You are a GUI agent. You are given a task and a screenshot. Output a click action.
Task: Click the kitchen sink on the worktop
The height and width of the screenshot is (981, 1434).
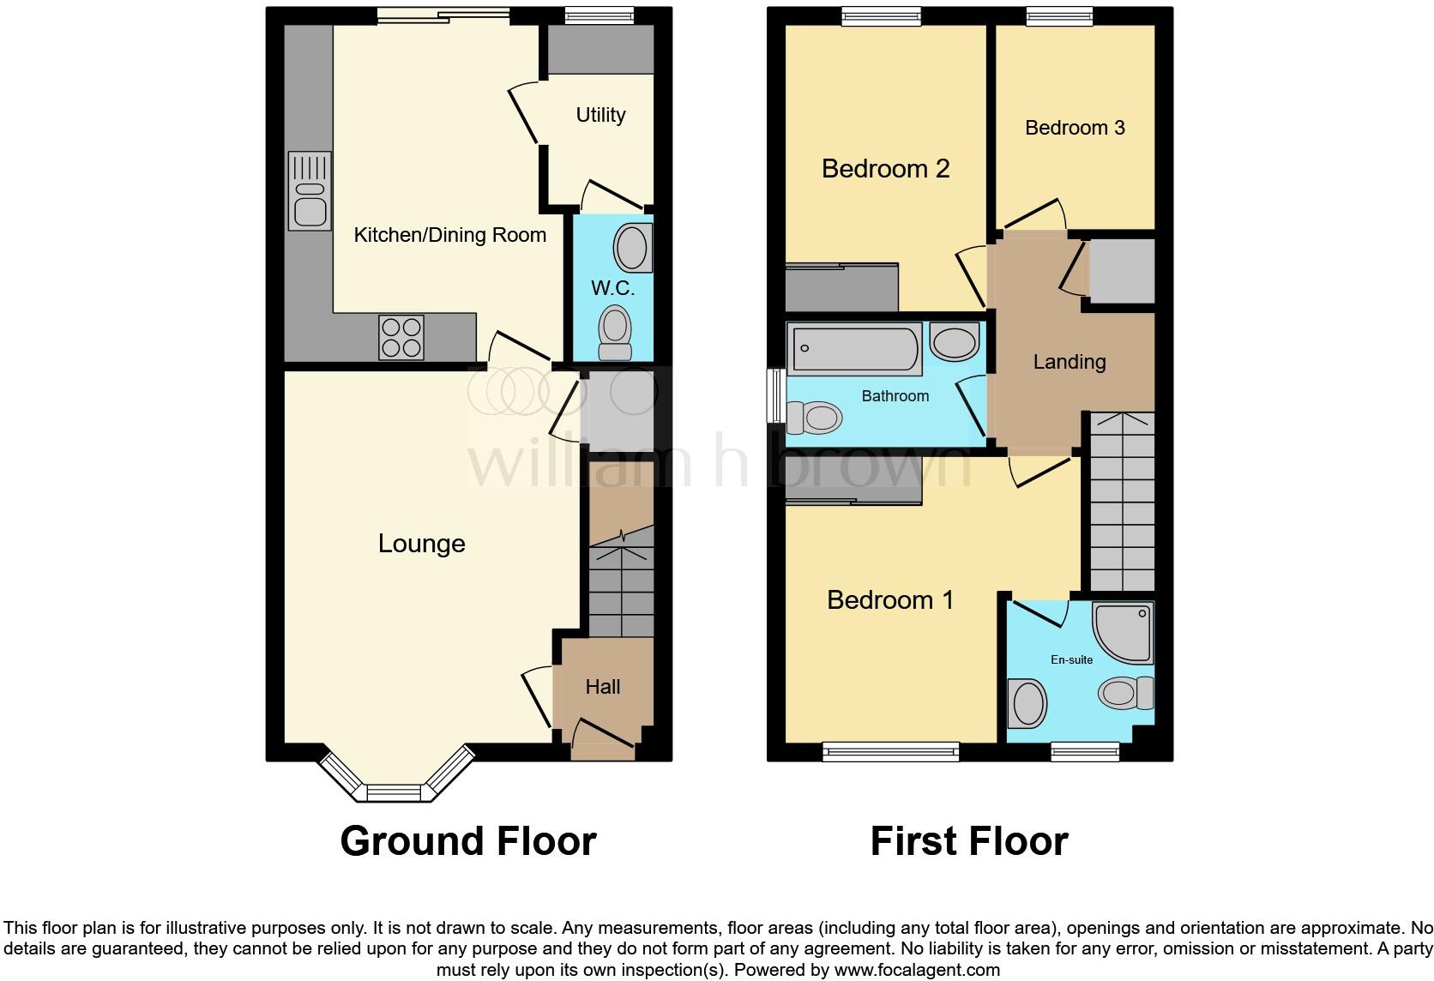(x=310, y=191)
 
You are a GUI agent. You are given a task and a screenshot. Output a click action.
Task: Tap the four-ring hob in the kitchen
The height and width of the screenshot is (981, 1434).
(x=401, y=337)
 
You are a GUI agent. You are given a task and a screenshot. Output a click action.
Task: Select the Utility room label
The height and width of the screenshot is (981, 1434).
(x=600, y=115)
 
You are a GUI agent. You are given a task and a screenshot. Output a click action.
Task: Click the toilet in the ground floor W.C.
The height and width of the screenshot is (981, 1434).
(x=614, y=334)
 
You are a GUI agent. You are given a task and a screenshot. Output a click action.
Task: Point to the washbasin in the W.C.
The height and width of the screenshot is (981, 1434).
(x=633, y=248)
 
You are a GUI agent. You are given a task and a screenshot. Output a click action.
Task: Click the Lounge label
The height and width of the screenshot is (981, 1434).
(x=421, y=544)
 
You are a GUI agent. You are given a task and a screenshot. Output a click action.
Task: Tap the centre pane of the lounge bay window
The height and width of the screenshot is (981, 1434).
(x=395, y=792)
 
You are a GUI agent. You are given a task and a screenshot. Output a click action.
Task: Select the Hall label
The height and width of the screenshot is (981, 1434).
(x=602, y=687)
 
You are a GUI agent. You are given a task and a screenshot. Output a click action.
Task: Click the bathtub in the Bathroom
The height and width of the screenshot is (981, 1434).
(x=853, y=349)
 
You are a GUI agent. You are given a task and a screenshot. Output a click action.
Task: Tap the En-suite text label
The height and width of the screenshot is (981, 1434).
(x=1071, y=659)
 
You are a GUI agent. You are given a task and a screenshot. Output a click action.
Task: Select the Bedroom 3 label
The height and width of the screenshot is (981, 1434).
(x=1074, y=128)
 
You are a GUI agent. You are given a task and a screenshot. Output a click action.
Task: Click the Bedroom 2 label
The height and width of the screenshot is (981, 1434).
(x=885, y=169)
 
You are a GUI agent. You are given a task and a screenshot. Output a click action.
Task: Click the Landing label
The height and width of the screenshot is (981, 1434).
(x=1069, y=362)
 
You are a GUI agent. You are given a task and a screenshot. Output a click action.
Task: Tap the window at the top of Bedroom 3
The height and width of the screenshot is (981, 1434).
(x=1059, y=15)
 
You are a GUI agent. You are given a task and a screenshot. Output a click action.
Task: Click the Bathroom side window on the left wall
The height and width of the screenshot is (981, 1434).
(x=776, y=395)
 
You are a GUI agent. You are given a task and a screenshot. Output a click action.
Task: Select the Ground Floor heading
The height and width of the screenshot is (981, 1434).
(x=467, y=841)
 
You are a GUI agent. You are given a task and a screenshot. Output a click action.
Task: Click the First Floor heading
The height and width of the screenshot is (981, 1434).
(x=968, y=841)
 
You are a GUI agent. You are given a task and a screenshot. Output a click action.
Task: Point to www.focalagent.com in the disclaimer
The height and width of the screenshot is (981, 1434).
(x=916, y=971)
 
